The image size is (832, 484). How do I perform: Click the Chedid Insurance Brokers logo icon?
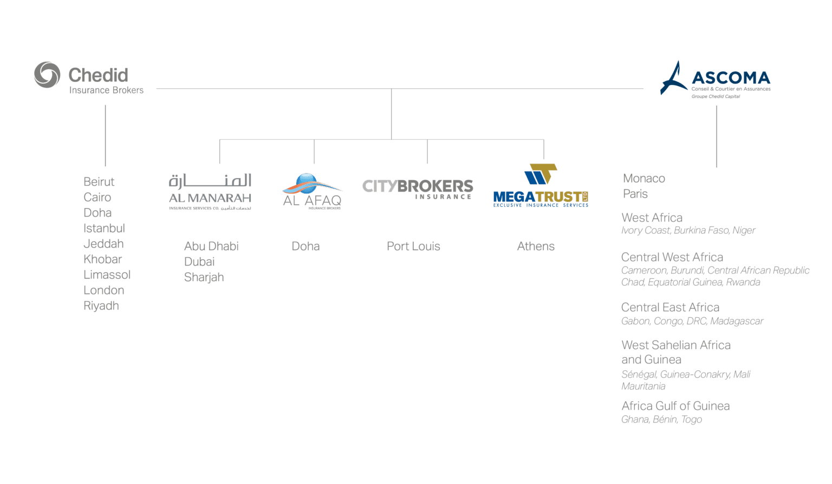pyautogui.click(x=47, y=75)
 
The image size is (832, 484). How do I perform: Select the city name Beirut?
pyautogui.click(x=99, y=182)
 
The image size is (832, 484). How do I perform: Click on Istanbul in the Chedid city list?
pyautogui.click(x=104, y=228)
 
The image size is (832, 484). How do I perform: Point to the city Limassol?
pyautogui.click(x=107, y=275)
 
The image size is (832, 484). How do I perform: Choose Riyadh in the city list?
pyautogui.click(x=101, y=306)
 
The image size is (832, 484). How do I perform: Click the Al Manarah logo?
pyautogui.click(x=210, y=191)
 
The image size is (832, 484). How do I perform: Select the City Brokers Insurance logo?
pyautogui.click(x=418, y=188)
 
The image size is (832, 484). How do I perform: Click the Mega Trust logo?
pyautogui.click(x=541, y=187)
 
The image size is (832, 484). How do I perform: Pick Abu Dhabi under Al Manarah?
pyautogui.click(x=211, y=246)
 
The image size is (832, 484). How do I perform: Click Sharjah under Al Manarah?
pyautogui.click(x=204, y=277)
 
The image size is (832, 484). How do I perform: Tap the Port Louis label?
pyautogui.click(x=413, y=246)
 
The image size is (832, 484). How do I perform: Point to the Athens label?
pyautogui.click(x=536, y=246)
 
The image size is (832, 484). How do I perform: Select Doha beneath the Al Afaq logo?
pyautogui.click(x=305, y=246)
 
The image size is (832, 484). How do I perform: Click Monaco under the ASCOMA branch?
pyautogui.click(x=643, y=179)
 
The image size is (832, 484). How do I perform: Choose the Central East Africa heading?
pyautogui.click(x=670, y=308)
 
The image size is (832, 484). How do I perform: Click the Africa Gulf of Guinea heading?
pyautogui.click(x=675, y=406)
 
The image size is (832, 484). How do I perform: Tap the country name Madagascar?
pyautogui.click(x=737, y=322)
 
